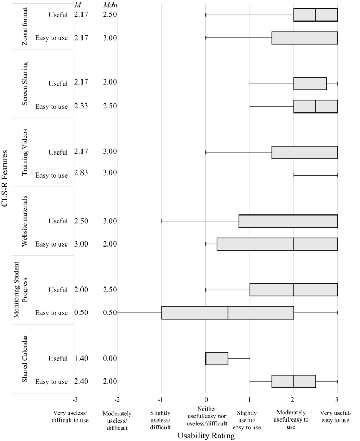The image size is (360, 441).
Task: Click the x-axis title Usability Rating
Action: [x=205, y=435]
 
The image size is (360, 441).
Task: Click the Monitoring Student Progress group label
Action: [x=22, y=290]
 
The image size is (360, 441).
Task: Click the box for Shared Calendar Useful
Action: [x=217, y=358]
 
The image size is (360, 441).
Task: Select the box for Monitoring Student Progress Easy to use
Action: [x=228, y=313]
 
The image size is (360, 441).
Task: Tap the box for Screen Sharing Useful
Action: [x=310, y=84]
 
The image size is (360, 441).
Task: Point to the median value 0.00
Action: [x=111, y=358]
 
